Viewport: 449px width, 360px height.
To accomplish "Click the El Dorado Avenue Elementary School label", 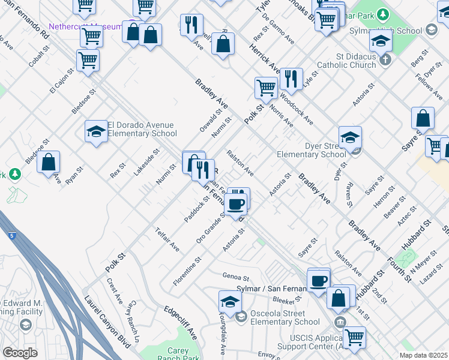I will coord(142,129).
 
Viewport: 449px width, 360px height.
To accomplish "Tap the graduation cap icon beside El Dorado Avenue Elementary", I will coord(96,131).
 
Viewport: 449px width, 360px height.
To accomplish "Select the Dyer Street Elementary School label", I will coord(311,150).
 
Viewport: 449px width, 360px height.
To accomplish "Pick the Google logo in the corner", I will coord(20,353).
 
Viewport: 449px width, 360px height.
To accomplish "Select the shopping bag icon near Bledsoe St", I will coord(49,162).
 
